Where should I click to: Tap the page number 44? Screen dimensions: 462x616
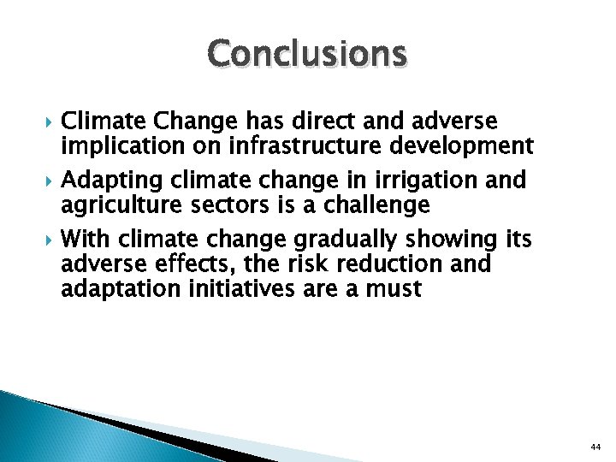coord(596,447)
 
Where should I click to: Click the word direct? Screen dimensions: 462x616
coord(317,121)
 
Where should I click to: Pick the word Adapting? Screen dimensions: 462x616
coord(114,181)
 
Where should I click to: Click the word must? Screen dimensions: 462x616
coord(392,290)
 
